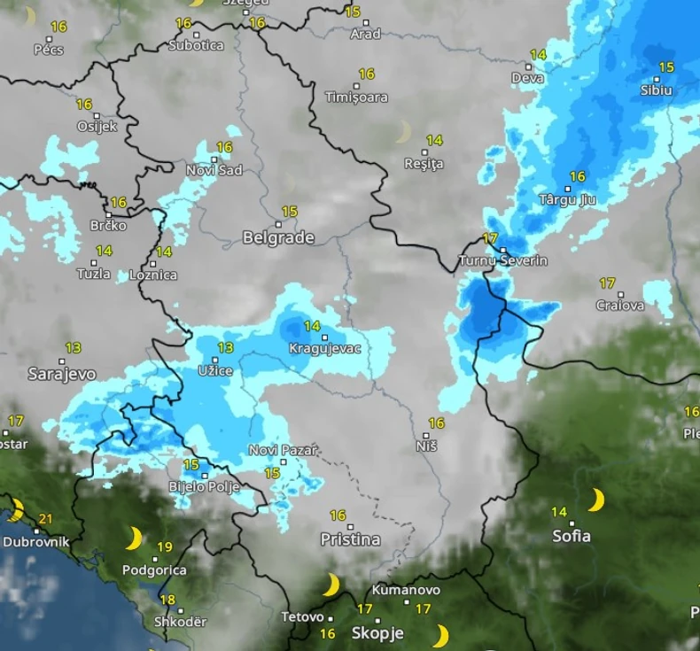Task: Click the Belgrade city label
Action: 278,237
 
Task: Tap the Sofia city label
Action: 572,536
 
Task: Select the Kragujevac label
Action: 325,348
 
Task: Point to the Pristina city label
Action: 351,539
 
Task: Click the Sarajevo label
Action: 61,374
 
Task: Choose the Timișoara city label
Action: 356,97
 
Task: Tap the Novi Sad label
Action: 214,170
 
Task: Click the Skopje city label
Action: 377,633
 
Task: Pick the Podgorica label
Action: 155,570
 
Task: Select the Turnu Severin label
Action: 502,260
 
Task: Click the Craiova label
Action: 619,306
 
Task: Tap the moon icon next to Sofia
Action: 596,500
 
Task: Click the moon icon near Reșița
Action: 403,132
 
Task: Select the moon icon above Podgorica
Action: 133,539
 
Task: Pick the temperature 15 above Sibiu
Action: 666,67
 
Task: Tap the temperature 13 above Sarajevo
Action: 73,348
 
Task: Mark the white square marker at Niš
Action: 426,435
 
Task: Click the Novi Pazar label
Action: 283,450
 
